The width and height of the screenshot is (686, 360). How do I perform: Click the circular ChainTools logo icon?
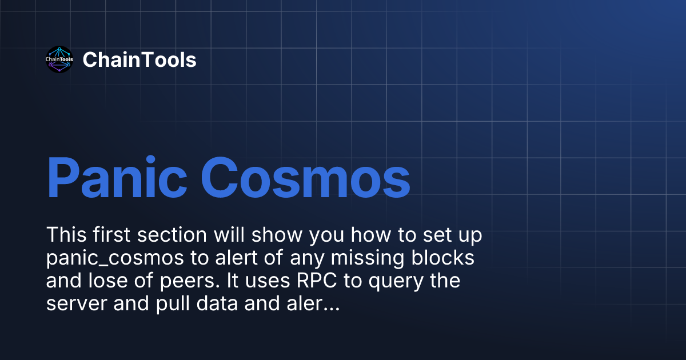coord(59,60)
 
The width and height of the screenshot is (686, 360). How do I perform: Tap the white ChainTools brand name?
coord(139,60)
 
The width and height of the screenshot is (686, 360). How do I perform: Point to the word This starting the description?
coord(67,235)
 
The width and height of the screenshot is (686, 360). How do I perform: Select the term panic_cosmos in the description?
coord(114,259)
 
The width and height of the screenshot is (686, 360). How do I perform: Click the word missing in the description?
coord(367,259)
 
